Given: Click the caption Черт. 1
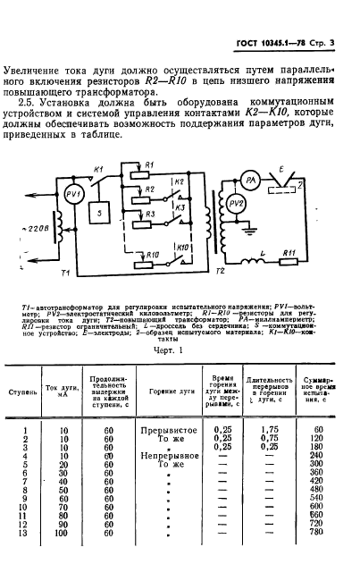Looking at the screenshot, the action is tap(183, 350).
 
